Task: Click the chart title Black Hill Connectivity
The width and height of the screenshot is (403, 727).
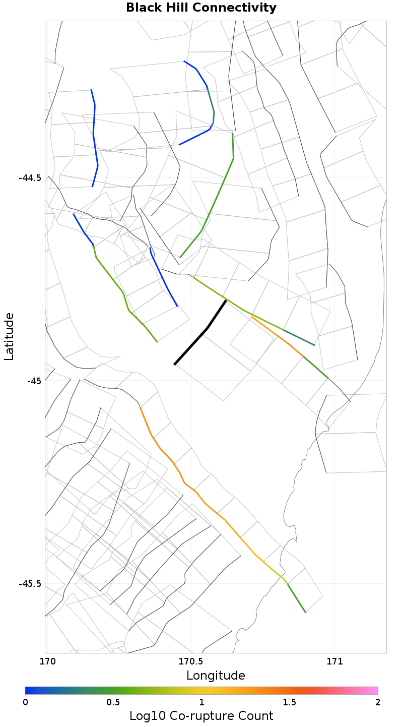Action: coord(201,8)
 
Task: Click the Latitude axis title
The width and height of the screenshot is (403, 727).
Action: coord(9,336)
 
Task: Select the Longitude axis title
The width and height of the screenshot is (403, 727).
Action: coord(216,676)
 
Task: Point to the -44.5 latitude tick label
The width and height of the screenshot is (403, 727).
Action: coord(30,178)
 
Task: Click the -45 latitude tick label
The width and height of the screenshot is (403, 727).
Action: coord(34,381)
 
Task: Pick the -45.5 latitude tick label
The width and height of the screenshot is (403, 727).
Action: coord(30,584)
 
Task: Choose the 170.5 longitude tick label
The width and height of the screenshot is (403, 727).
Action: coord(191,661)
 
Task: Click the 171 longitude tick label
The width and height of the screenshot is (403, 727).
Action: coord(334,661)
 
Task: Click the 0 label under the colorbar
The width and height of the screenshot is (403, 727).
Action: coord(26,702)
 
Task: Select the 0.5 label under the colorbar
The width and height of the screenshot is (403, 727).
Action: coord(113,702)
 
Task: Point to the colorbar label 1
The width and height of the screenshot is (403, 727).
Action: coord(201,702)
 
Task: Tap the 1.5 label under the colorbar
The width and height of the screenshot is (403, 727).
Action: coord(290,702)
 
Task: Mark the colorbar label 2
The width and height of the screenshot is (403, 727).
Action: coord(377,702)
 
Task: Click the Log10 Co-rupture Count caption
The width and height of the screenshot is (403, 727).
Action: coord(201,716)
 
